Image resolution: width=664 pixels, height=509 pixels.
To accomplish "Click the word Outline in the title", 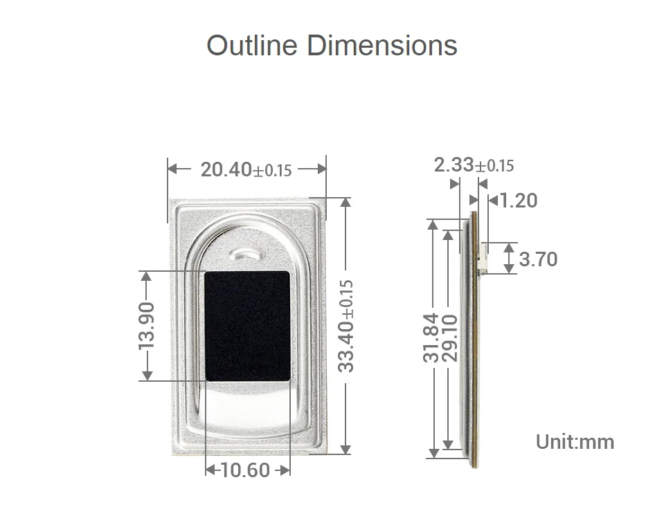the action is [x=252, y=45].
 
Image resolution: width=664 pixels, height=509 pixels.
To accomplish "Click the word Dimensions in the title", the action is [x=382, y=45].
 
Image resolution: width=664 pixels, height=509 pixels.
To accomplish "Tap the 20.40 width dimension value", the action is [x=226, y=169].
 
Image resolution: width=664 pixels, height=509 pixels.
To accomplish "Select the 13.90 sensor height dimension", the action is [x=147, y=326].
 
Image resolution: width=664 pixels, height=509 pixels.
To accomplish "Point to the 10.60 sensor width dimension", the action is [x=245, y=470].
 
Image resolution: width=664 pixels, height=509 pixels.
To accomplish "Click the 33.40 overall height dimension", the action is [x=346, y=326].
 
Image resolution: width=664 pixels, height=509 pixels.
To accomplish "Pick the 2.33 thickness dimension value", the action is [x=454, y=165].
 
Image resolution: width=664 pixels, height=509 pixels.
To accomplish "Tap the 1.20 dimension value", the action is [x=519, y=201].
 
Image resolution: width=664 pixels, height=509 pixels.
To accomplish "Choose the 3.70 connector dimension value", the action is [x=538, y=259].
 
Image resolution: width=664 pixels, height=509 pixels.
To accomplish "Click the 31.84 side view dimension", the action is [x=431, y=337].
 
